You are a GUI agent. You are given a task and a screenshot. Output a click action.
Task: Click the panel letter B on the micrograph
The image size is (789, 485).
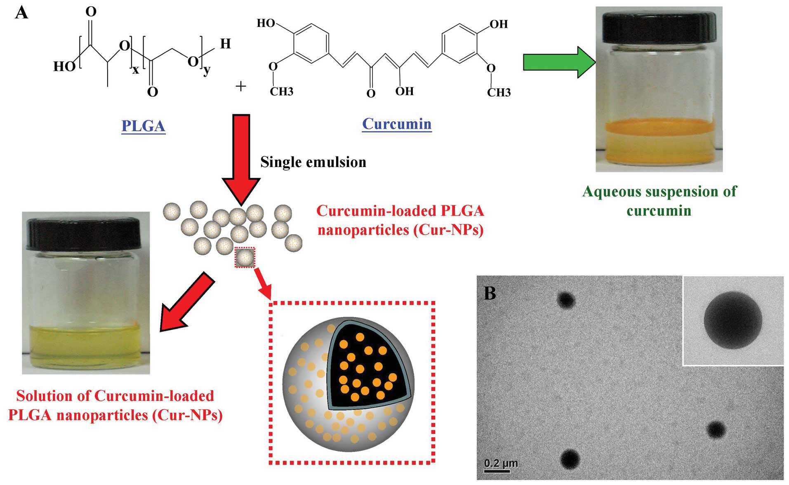490,293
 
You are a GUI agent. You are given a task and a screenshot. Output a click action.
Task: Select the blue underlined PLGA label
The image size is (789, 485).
143,126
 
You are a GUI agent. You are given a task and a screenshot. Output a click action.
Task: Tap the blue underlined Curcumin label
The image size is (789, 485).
397,124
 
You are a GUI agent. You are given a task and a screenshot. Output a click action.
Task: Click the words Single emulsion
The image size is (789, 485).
313,162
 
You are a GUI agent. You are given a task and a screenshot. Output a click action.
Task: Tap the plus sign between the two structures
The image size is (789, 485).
240,86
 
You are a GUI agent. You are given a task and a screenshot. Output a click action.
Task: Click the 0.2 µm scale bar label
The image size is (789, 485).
501,463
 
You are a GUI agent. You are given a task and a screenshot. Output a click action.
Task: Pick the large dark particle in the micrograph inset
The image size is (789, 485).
732,320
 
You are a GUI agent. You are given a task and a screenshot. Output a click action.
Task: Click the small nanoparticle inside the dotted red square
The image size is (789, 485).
245,258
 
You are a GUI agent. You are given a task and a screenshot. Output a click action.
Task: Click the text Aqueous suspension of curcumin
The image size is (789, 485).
659,201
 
